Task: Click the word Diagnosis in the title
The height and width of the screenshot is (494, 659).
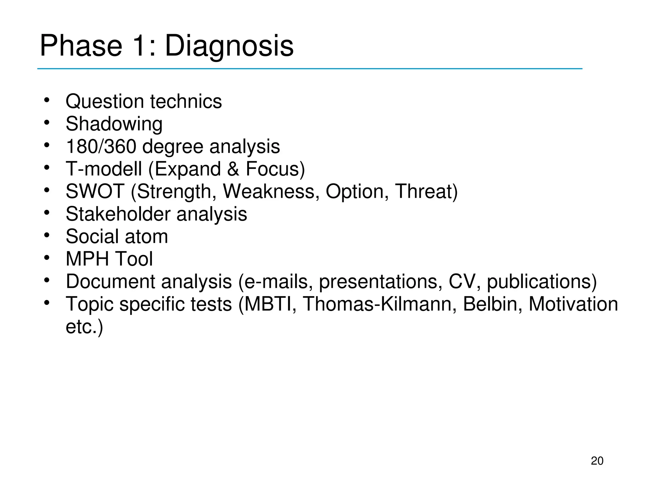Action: pos(229,46)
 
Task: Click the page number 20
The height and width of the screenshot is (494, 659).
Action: pos(597,461)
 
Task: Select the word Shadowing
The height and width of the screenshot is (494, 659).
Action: pos(114,124)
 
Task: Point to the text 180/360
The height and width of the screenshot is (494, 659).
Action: pos(101,146)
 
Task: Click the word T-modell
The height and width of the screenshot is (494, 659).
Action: pos(104,169)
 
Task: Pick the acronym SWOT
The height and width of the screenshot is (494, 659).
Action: pos(95,191)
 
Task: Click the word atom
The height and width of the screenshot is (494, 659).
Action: pos(146,236)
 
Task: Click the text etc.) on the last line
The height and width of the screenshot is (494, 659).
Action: pos(84,327)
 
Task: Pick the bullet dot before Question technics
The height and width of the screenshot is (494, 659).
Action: pos(47,100)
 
